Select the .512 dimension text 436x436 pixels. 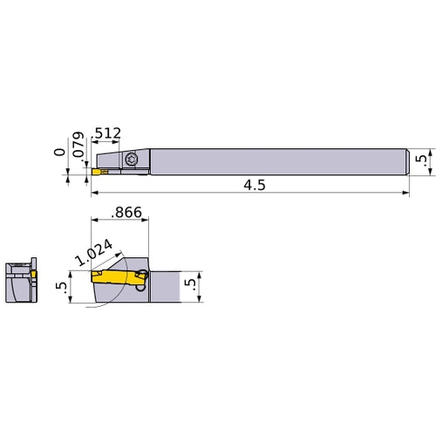(x=106, y=133)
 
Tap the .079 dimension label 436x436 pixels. (x=78, y=146)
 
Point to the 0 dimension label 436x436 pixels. (x=59, y=153)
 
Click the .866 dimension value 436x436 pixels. (x=128, y=212)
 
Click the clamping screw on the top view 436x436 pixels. (x=132, y=160)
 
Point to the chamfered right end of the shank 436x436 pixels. (x=406, y=160)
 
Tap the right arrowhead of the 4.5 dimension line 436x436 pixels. (x=405, y=195)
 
